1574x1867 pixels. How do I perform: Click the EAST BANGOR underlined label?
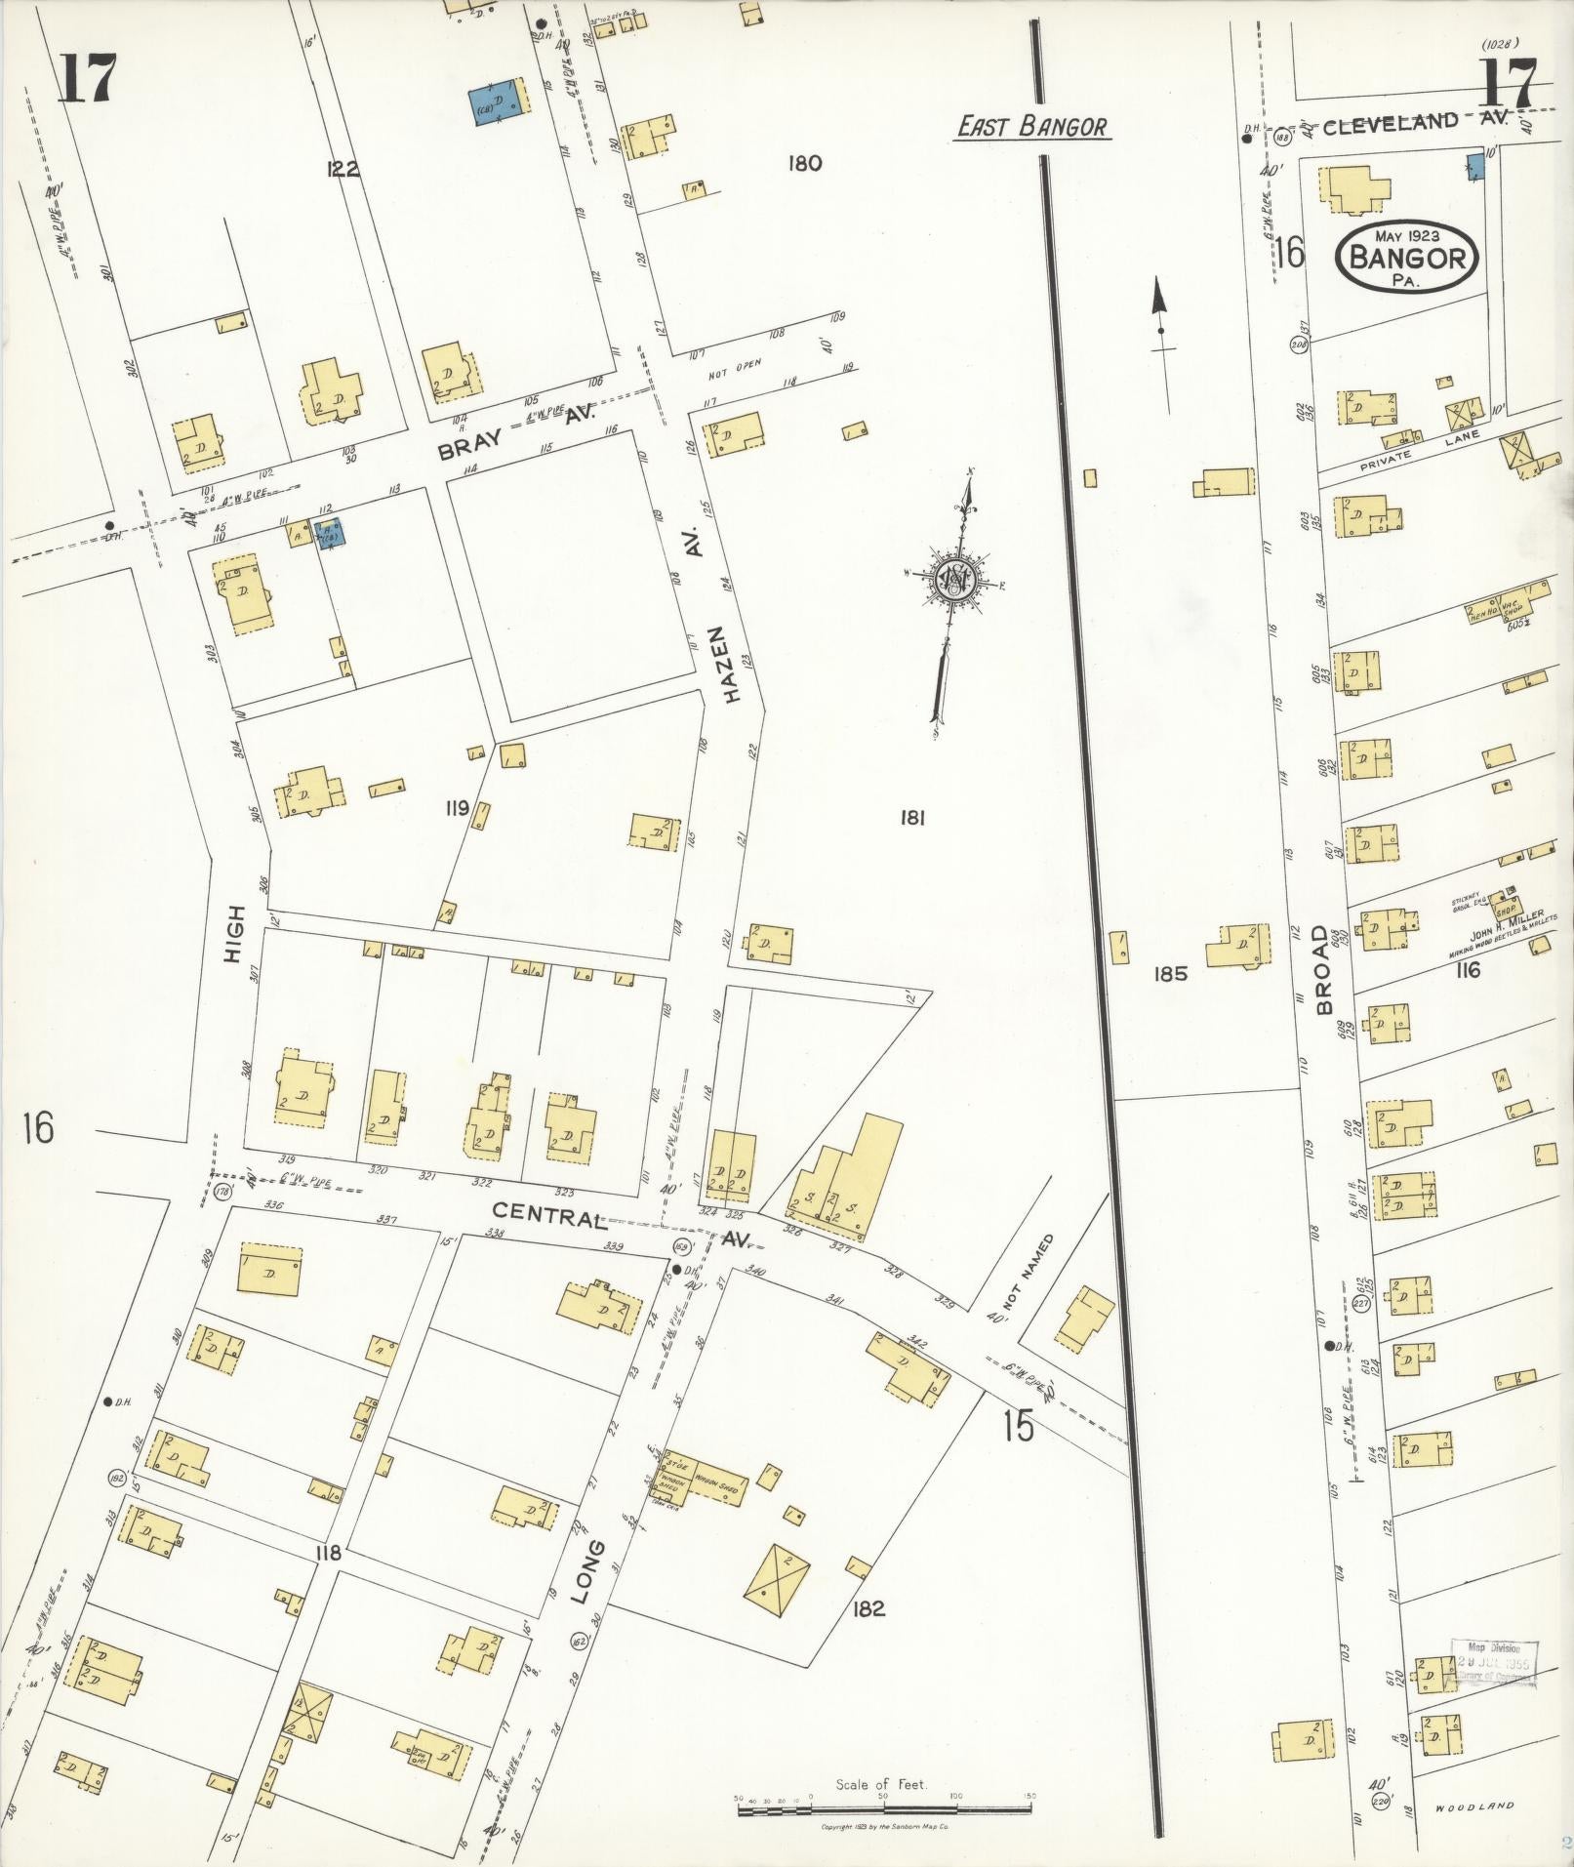tap(1032, 127)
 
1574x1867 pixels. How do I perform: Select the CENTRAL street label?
tap(545, 1215)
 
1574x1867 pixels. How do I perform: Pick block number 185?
tap(1169, 973)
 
